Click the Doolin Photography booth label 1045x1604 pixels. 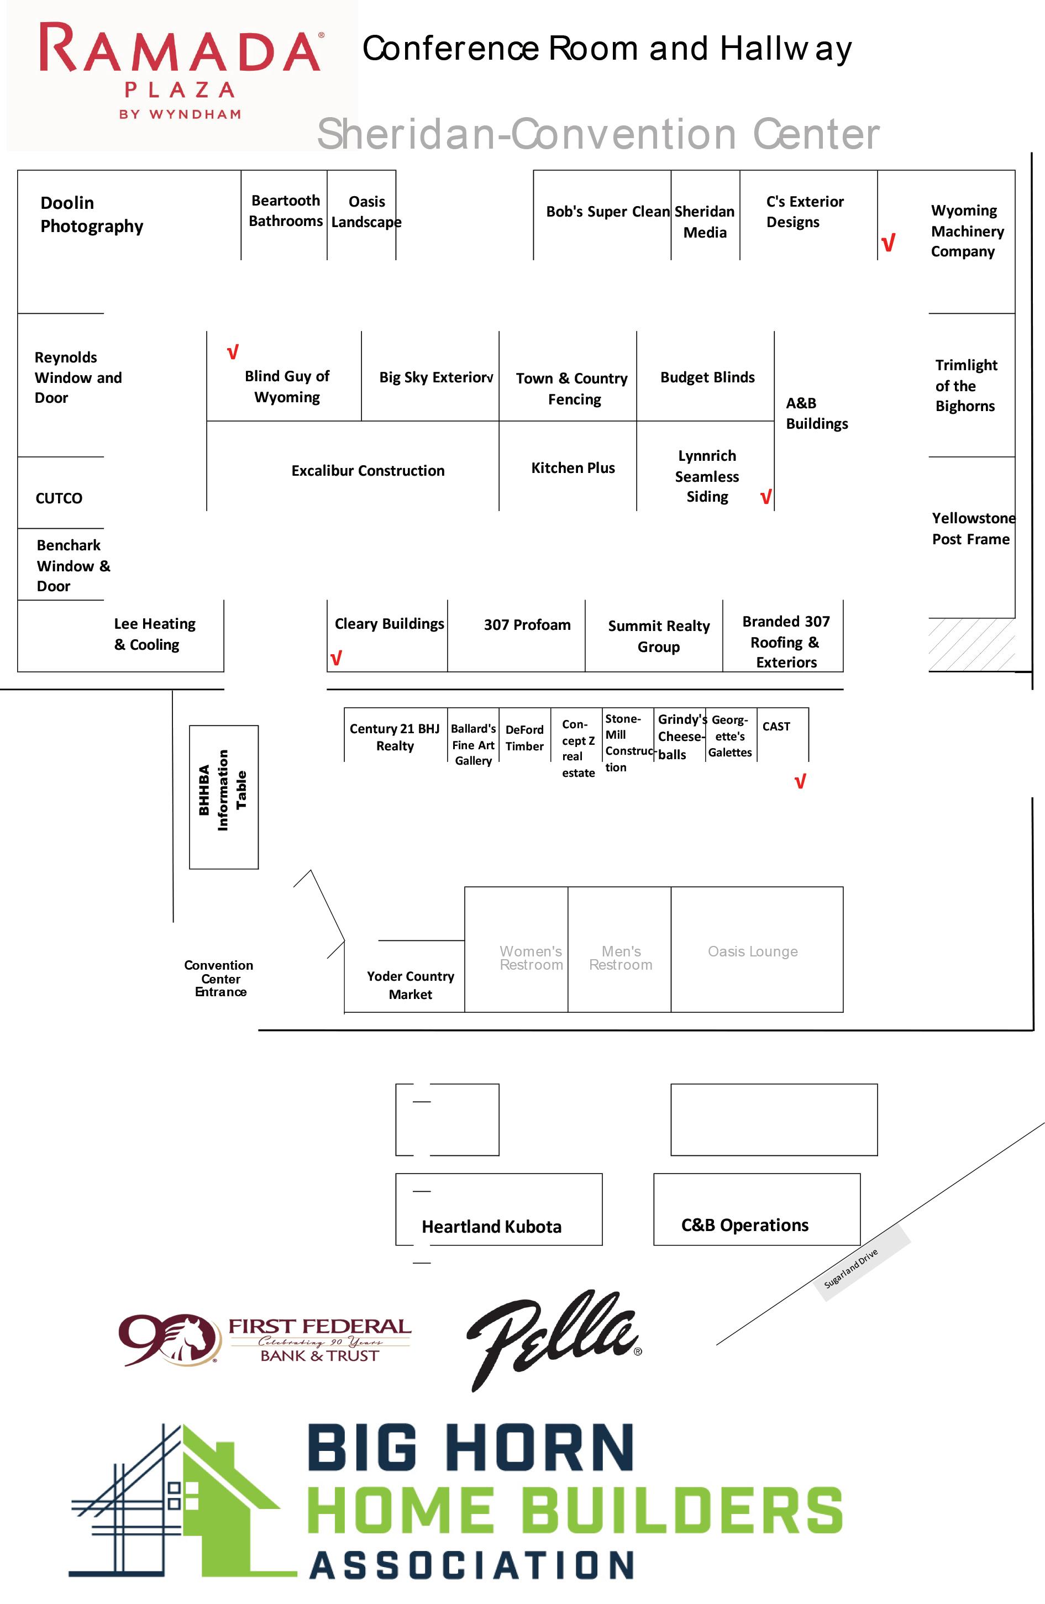[92, 214]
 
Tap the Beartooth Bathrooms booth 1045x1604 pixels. [285, 211]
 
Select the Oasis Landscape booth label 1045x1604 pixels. [366, 212]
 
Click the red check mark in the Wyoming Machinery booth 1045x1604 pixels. [888, 243]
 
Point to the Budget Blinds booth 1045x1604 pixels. [707, 377]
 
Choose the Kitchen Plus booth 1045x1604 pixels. [573, 468]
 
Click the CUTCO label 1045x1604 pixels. [59, 498]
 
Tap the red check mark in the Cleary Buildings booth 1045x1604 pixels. [336, 658]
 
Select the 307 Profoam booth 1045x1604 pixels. [527, 625]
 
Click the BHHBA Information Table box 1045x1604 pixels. [223, 797]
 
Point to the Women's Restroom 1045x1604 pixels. [531, 957]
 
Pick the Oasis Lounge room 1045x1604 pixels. [753, 951]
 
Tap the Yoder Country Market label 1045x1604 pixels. [410, 985]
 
